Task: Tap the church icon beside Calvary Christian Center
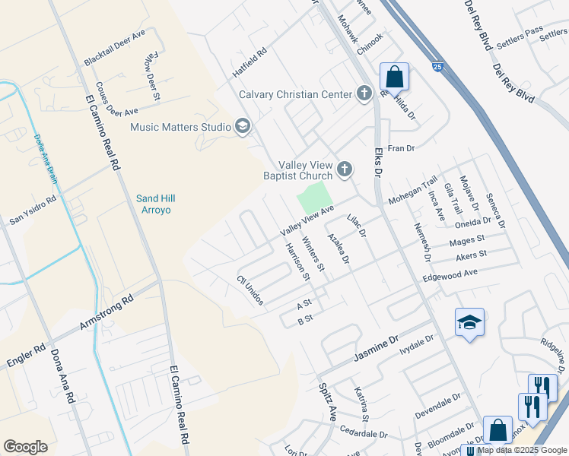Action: pos(364,94)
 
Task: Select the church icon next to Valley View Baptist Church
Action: pos(345,169)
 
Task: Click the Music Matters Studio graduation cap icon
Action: pos(243,126)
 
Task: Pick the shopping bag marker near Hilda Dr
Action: pos(394,77)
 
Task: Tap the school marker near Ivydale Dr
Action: pos(469,323)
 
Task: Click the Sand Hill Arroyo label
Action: pos(157,204)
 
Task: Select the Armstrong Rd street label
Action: pos(106,312)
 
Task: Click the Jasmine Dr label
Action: pos(376,349)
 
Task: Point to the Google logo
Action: pos(25,446)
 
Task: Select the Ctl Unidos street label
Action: pos(250,291)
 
